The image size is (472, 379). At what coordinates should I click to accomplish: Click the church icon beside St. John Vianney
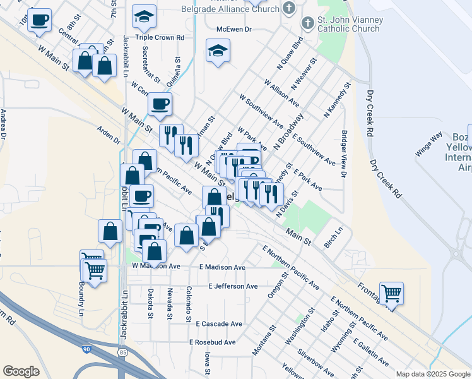[x=307, y=24]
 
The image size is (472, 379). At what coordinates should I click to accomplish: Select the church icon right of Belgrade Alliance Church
[x=289, y=8]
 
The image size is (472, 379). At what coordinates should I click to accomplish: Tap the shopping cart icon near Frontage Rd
[x=391, y=293]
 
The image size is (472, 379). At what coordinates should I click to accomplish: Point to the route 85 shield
[x=122, y=352]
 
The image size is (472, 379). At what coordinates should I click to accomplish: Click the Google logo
[x=21, y=371]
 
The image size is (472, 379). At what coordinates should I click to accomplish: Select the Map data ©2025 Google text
[x=432, y=374]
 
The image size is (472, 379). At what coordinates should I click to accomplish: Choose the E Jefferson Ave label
[x=233, y=286]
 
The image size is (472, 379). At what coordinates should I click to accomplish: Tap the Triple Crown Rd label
[x=160, y=38]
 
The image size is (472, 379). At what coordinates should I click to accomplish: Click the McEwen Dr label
[x=233, y=29]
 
